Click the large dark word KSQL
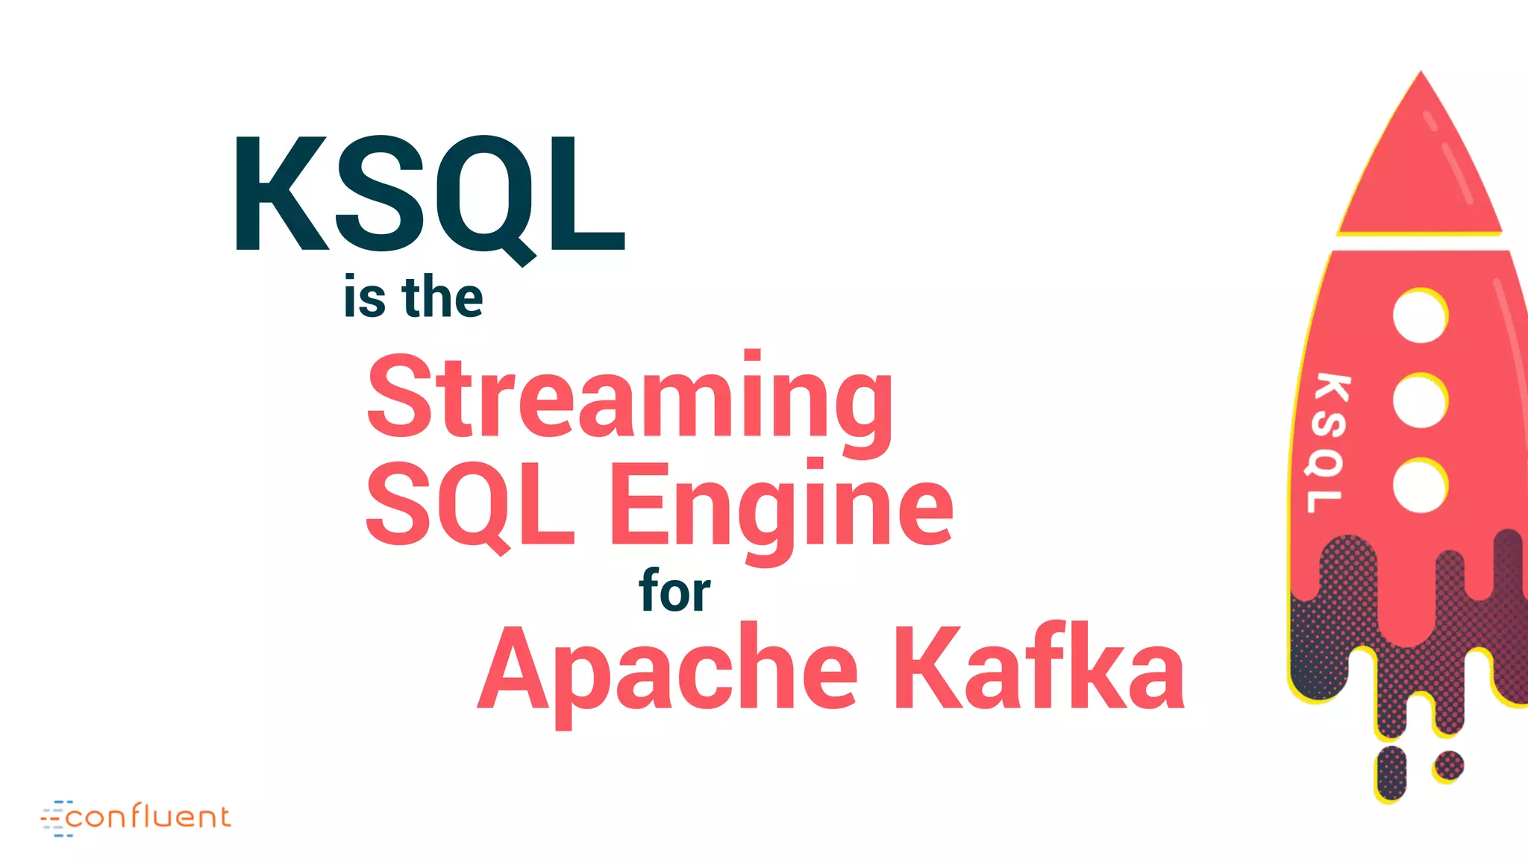[x=429, y=195]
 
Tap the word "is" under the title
[x=364, y=298]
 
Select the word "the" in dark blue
[x=442, y=298]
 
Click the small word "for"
[x=674, y=591]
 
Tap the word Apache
[x=668, y=670]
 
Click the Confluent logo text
[x=148, y=817]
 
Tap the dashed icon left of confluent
[x=56, y=819]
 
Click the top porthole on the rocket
[x=1420, y=316]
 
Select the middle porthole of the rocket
[x=1420, y=401]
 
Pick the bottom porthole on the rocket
[x=1420, y=486]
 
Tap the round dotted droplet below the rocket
[x=1448, y=766]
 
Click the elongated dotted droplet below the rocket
[x=1391, y=773]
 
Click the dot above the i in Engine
[x=815, y=464]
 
